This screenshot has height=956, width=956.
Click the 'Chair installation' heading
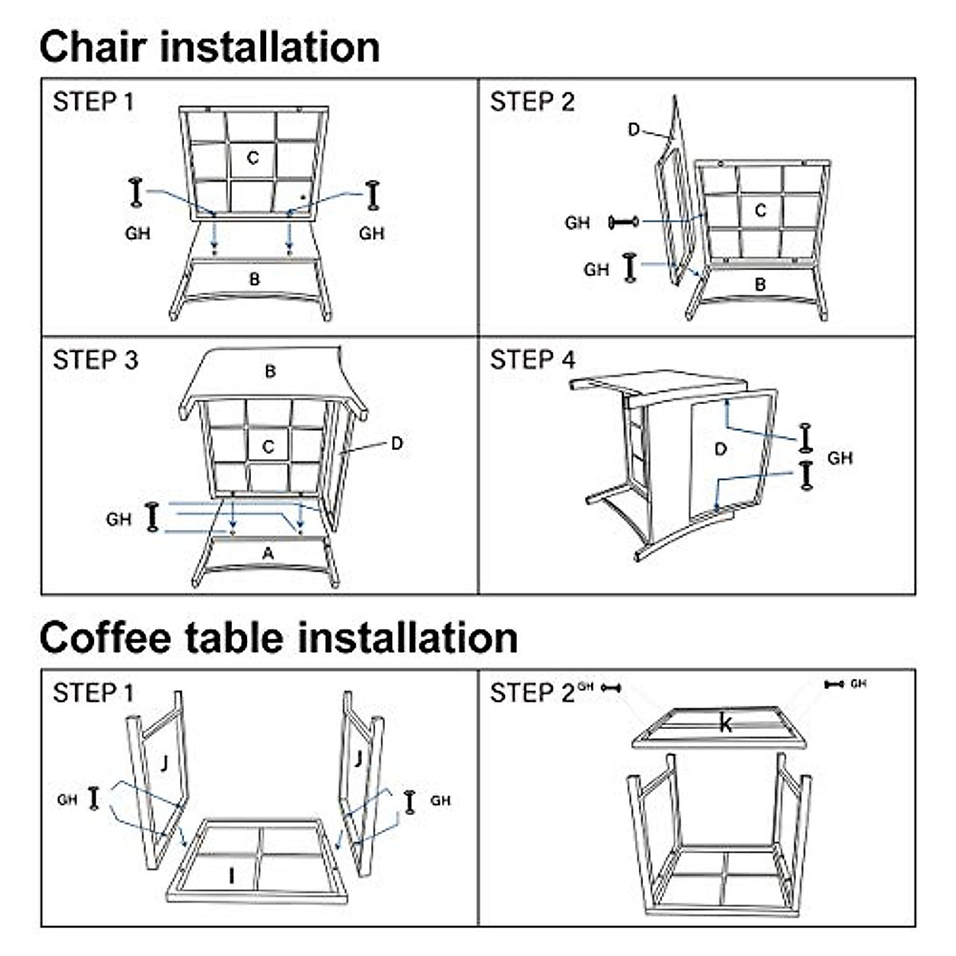(210, 47)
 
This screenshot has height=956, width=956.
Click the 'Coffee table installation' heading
(279, 638)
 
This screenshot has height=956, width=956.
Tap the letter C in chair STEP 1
(253, 159)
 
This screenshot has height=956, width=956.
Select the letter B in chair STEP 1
(254, 280)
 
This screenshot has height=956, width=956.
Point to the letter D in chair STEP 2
(634, 130)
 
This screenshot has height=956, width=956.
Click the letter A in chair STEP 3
(268, 553)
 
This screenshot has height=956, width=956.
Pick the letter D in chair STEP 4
(720, 449)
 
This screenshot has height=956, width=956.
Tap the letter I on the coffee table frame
(231, 876)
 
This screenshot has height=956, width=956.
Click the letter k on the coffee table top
(725, 724)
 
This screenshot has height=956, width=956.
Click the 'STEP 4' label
(532, 360)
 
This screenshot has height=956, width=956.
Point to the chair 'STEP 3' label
(96, 360)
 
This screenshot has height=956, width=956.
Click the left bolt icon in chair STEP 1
(135, 193)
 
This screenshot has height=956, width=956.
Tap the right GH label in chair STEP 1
(371, 233)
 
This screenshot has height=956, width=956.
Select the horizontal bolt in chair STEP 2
(624, 221)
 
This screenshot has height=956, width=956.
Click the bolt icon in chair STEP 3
(152, 516)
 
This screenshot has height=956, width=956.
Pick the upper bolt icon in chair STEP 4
(805, 437)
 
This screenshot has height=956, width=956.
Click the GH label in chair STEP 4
(840, 458)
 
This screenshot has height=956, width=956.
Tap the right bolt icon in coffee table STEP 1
(409, 802)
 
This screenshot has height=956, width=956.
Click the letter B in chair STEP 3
(270, 371)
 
